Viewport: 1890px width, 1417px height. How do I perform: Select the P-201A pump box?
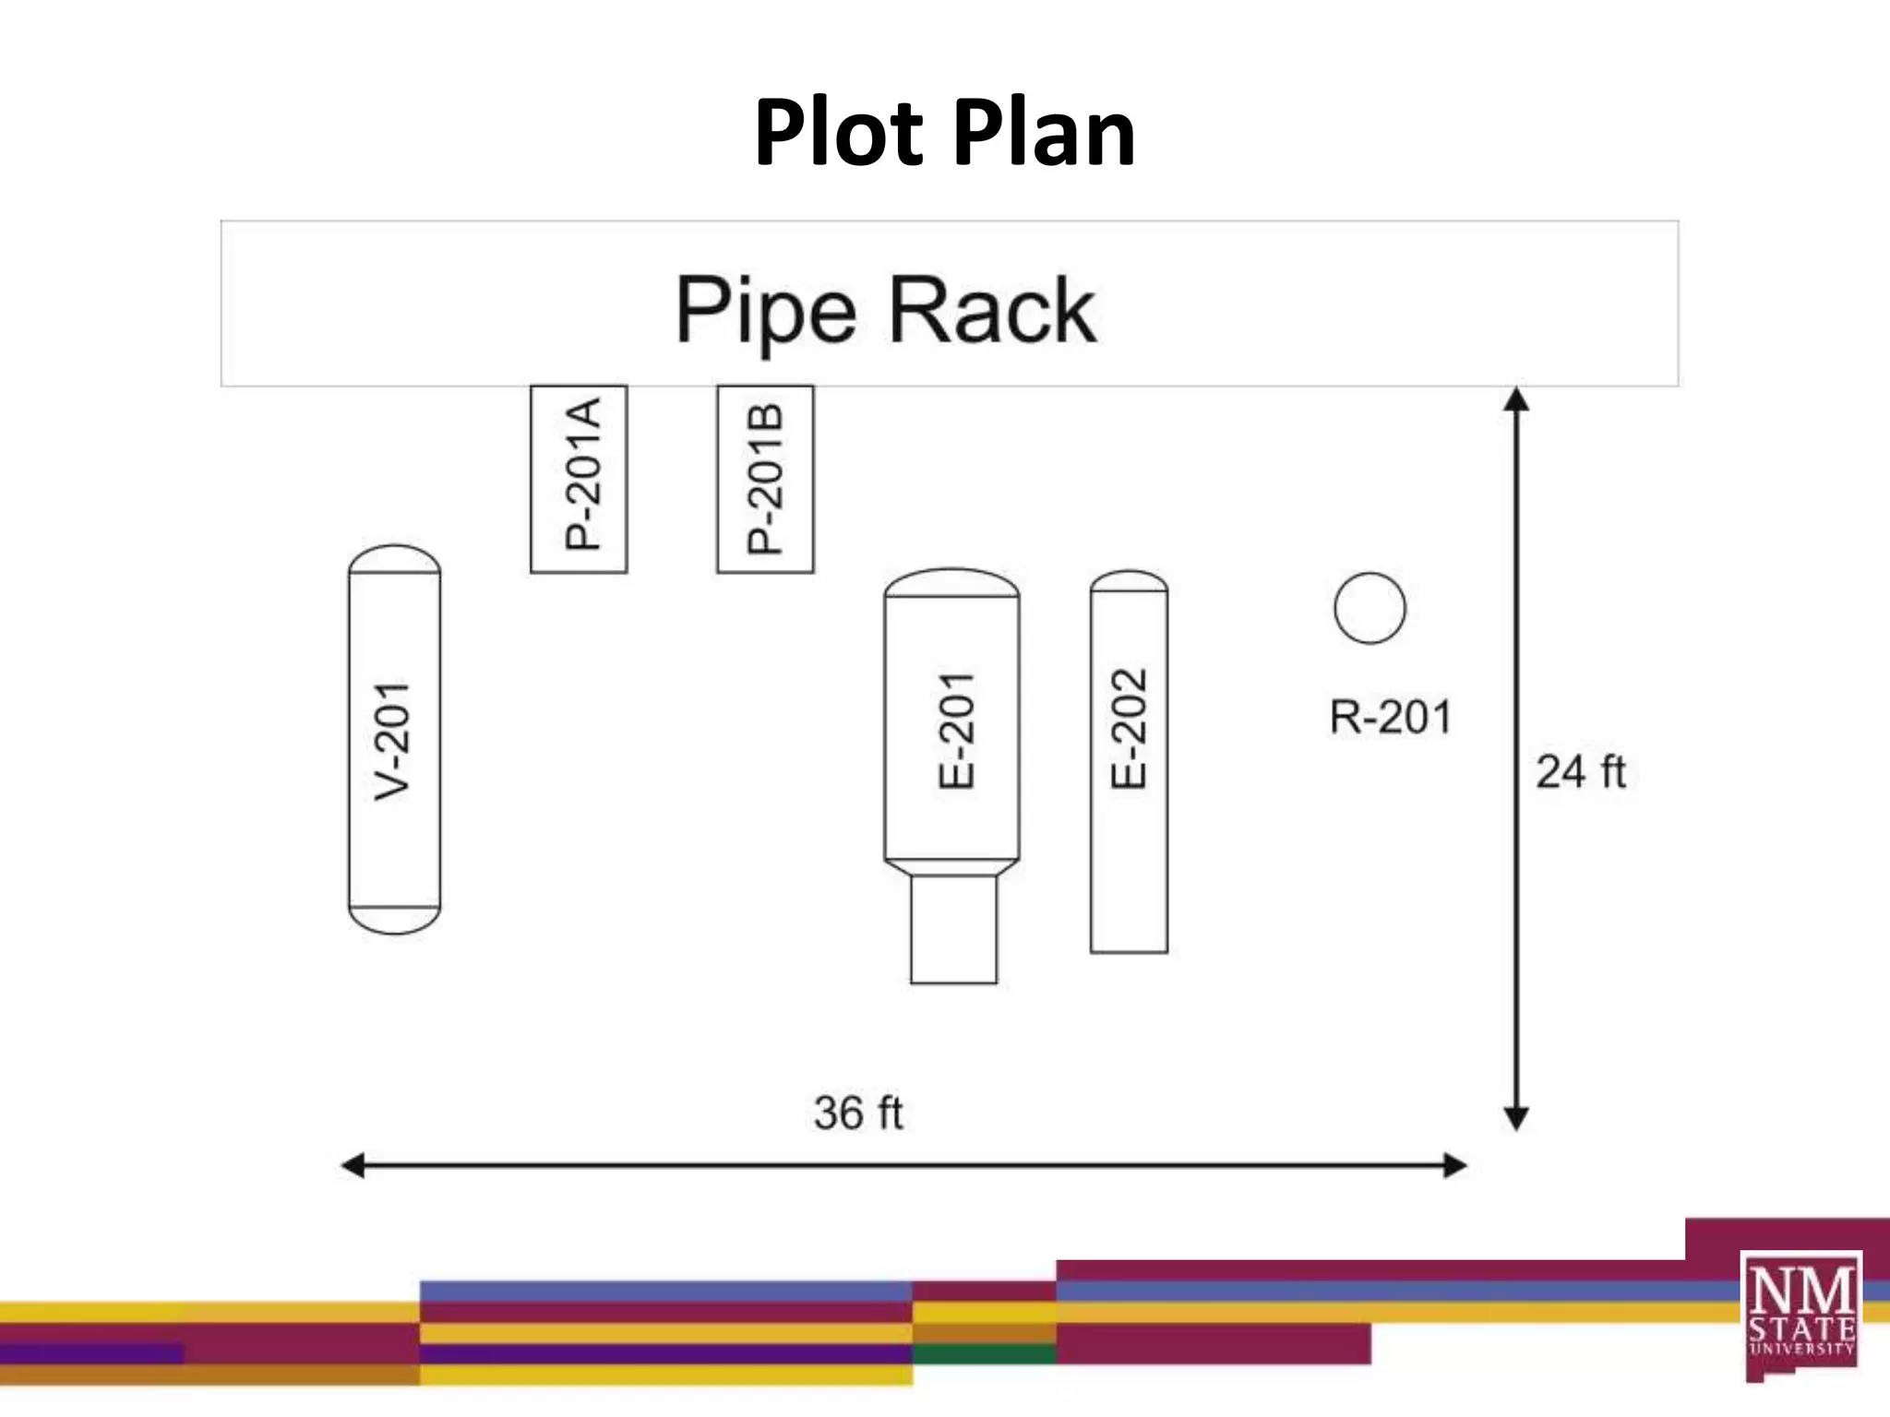(579, 479)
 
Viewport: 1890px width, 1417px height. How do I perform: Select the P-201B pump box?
(765, 479)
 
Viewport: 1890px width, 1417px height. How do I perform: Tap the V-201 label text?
(393, 741)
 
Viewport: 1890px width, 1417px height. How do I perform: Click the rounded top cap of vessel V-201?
(395, 558)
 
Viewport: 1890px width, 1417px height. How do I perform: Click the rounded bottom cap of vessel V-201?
(395, 920)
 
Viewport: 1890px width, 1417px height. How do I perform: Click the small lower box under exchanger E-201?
(953, 929)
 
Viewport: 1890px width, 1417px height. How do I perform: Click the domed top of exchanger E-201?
(951, 582)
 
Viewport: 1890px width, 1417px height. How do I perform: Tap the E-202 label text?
(1129, 728)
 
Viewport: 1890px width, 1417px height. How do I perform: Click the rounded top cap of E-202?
(1129, 581)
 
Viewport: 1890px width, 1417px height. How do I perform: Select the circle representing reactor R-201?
(1370, 608)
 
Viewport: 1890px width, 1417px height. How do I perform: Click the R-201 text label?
(1391, 717)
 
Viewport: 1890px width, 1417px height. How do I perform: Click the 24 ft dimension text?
(1580, 771)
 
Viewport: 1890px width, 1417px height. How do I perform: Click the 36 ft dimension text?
(858, 1113)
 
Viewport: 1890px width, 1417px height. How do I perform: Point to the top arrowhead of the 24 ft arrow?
(1516, 399)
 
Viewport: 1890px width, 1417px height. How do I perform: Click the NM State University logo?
(1800, 1314)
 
